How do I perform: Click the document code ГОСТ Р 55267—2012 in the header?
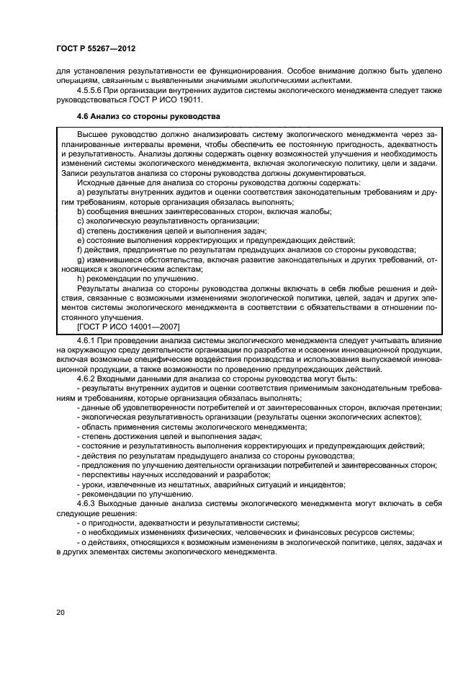tap(96, 48)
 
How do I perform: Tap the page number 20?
tap(60, 612)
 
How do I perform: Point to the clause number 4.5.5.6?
tap(90, 91)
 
